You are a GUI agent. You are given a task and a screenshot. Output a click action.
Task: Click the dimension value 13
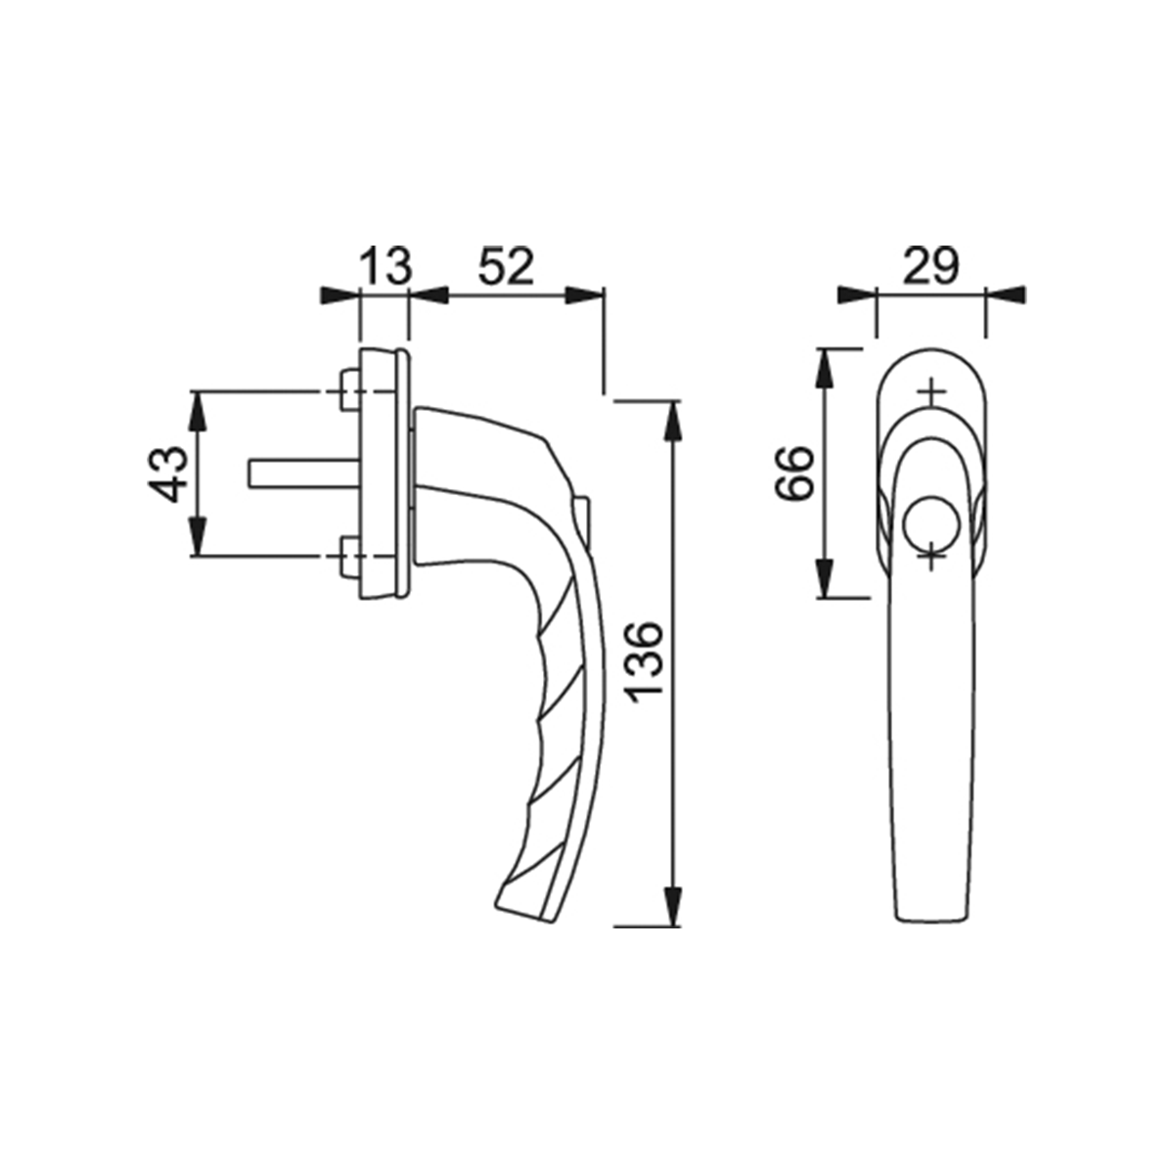tap(385, 266)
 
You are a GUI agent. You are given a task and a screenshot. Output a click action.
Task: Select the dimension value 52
tap(506, 266)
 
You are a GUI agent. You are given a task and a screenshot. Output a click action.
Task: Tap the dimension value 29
tap(930, 266)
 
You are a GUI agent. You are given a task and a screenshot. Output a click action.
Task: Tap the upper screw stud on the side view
tap(349, 390)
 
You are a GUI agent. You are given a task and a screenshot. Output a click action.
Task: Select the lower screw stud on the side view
tap(349, 556)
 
